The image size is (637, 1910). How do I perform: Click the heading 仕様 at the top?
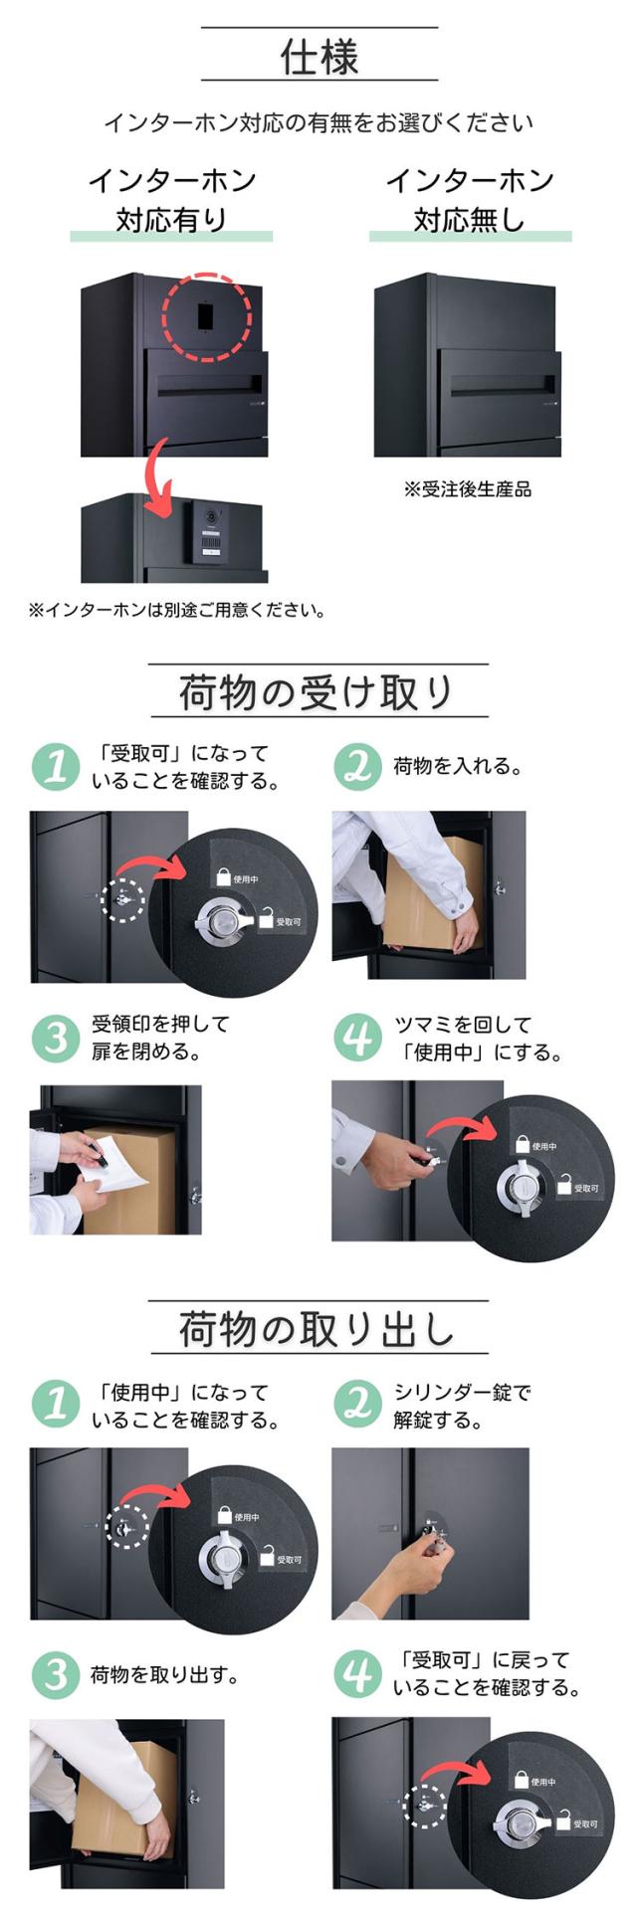[318, 57]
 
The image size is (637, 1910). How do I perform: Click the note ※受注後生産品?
[468, 488]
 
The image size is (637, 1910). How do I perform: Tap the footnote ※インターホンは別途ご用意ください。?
[177, 609]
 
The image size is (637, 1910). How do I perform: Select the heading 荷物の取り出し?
[318, 1329]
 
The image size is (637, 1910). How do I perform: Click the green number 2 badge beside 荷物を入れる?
[356, 766]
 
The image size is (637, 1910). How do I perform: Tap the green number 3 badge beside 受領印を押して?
[55, 1038]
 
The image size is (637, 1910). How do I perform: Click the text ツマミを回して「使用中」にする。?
[479, 1038]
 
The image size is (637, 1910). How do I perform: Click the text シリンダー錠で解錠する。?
[462, 1406]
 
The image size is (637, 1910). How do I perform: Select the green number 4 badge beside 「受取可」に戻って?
[356, 1674]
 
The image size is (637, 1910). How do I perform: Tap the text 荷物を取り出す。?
[165, 1675]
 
